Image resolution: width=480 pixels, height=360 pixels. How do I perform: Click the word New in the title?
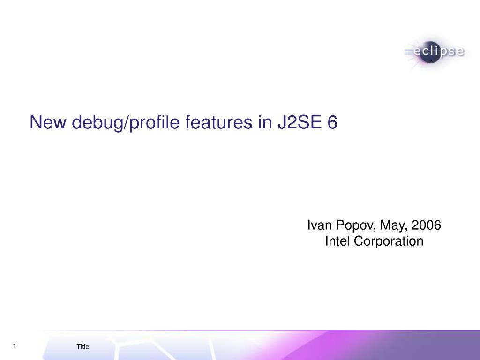[48, 122]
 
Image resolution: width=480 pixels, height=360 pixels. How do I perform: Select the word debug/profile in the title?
[126, 123]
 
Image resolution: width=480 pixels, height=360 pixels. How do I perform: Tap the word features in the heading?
[219, 122]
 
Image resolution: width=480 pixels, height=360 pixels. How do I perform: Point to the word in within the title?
[265, 122]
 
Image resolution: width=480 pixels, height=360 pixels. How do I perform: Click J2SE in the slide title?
[300, 122]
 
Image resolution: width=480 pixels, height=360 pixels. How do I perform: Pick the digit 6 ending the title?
[332, 122]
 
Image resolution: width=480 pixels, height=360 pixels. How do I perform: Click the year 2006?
[427, 225]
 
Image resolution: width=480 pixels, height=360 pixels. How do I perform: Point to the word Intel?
[337, 241]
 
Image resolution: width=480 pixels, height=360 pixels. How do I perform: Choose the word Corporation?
[389, 242]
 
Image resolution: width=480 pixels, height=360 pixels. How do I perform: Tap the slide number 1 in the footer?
[15, 346]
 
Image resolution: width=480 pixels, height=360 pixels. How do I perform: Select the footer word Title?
[82, 346]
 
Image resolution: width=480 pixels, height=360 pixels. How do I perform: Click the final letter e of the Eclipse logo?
[460, 52]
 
